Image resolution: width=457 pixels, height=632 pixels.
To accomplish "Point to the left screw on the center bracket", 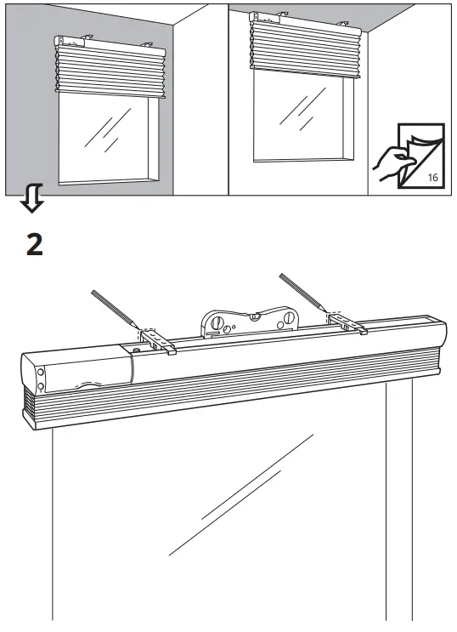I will point(217,324).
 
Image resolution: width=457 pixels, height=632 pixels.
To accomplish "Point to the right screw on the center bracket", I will point(289,318).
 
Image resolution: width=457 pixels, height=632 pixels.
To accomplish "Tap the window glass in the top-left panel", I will point(106,136).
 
